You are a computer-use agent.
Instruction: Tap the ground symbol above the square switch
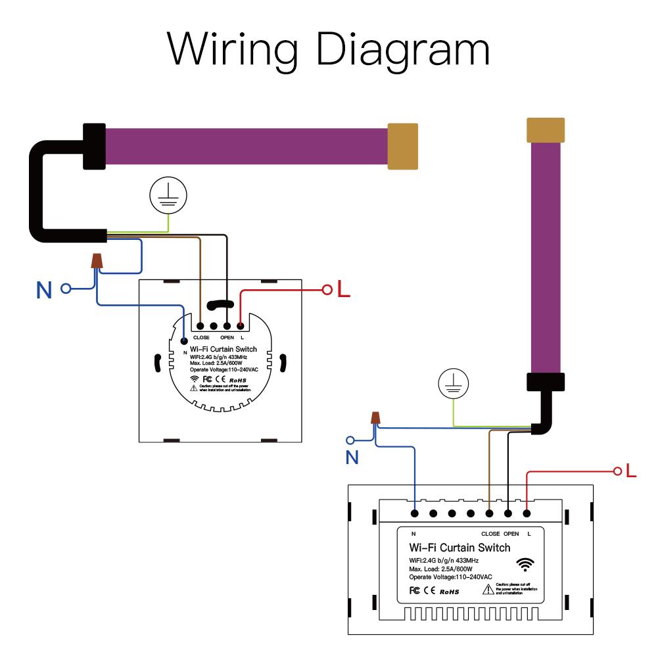coord(169,195)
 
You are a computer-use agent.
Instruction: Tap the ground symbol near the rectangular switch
coord(454,384)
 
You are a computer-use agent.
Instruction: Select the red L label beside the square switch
coord(343,289)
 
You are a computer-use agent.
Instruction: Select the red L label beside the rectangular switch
coord(632,471)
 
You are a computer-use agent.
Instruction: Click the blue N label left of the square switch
coord(44,290)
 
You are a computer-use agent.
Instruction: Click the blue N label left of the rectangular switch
coord(353,458)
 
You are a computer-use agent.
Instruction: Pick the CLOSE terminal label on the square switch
coord(201,338)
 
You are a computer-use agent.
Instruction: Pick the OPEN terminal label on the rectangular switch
coord(511,534)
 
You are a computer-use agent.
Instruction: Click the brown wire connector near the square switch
coord(97,261)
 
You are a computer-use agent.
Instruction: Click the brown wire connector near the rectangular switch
coord(376,417)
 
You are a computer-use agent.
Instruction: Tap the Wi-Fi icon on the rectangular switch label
coord(525,564)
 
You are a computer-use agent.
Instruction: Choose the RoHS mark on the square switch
coord(237,379)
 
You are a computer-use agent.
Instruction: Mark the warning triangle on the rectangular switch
coord(488,589)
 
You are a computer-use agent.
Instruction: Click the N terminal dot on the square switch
coord(185,341)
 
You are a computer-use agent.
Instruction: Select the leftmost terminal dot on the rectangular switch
coord(415,513)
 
